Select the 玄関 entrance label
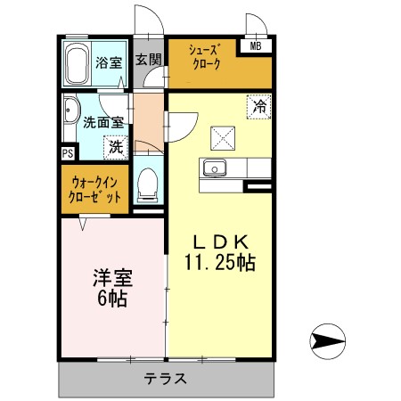pyautogui.click(x=149, y=60)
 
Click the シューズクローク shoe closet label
pyautogui.click(x=204, y=61)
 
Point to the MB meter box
pyautogui.click(x=256, y=47)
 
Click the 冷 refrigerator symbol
pyautogui.click(x=259, y=106)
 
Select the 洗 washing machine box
pyautogui.click(x=116, y=145)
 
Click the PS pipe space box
pyautogui.click(x=68, y=153)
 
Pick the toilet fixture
pyautogui.click(x=148, y=184)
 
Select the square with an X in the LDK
pyautogui.click(x=222, y=137)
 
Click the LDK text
pyautogui.click(x=221, y=241)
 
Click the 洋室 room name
pyautogui.click(x=113, y=275)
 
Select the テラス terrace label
pyautogui.click(x=166, y=379)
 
